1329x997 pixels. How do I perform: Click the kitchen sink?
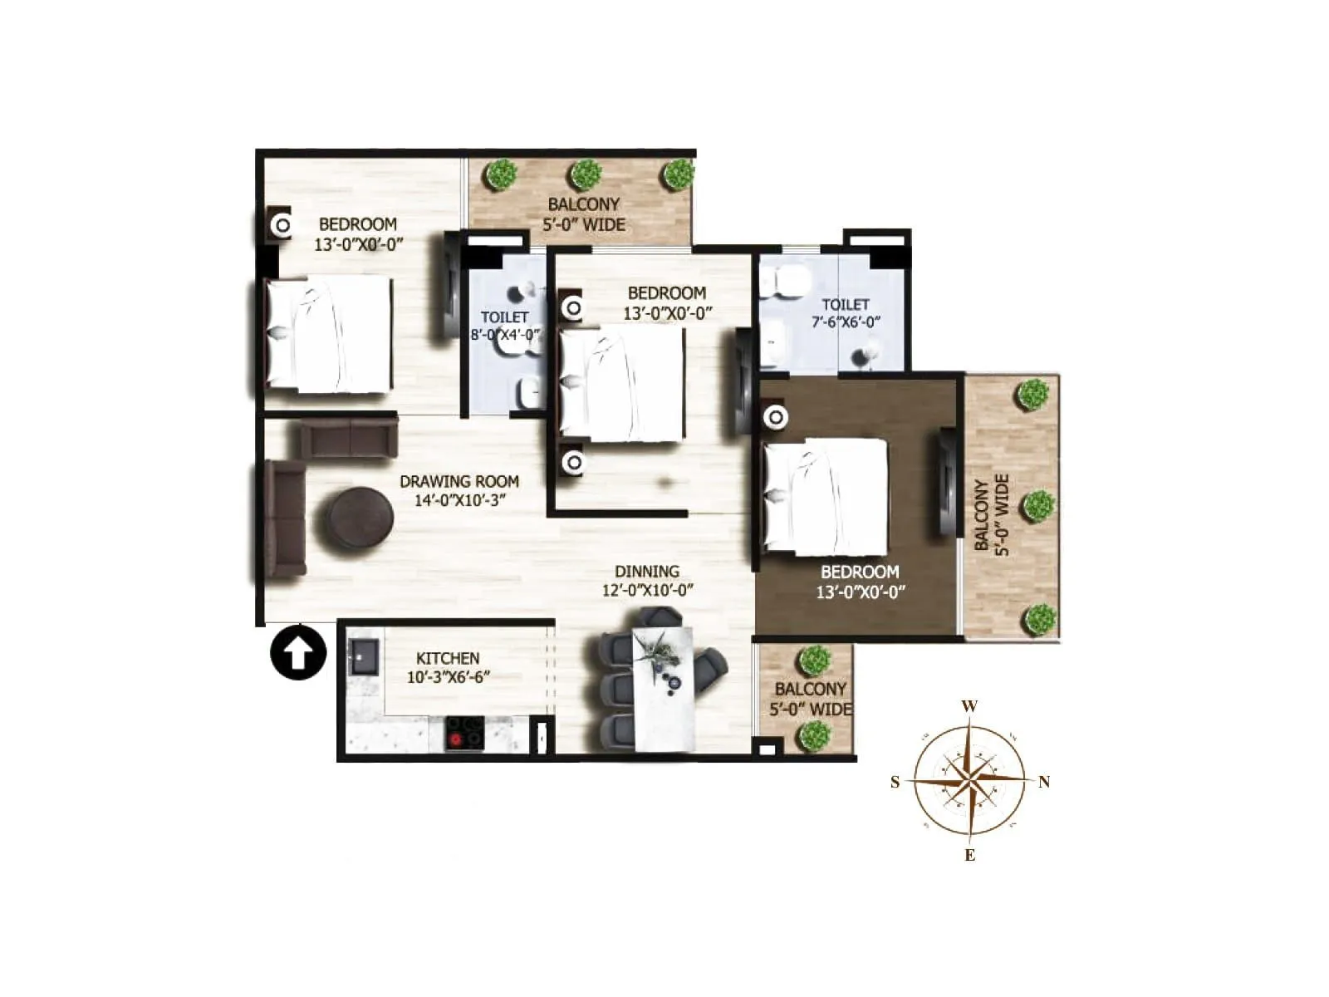pyautogui.click(x=363, y=656)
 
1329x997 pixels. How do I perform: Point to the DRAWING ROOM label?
pyautogui.click(x=459, y=481)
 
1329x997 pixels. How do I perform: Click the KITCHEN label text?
pyautogui.click(x=448, y=658)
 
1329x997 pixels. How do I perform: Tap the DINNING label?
pyautogui.click(x=647, y=572)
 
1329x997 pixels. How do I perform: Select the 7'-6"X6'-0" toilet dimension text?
pyautogui.click(x=846, y=322)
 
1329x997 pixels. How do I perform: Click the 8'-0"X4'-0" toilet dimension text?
pyautogui.click(x=505, y=335)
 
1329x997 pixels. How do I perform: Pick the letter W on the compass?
pyautogui.click(x=969, y=707)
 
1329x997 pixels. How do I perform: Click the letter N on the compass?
pyautogui.click(x=1044, y=782)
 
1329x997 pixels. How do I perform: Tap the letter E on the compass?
pyautogui.click(x=969, y=856)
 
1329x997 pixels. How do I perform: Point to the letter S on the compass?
pyautogui.click(x=895, y=782)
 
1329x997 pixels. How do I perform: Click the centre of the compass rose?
pyautogui.click(x=969, y=781)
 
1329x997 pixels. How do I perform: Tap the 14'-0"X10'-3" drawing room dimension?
pyautogui.click(x=459, y=500)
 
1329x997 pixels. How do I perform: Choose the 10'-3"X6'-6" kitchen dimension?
pyautogui.click(x=448, y=677)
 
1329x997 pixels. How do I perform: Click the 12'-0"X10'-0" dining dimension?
pyautogui.click(x=647, y=591)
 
